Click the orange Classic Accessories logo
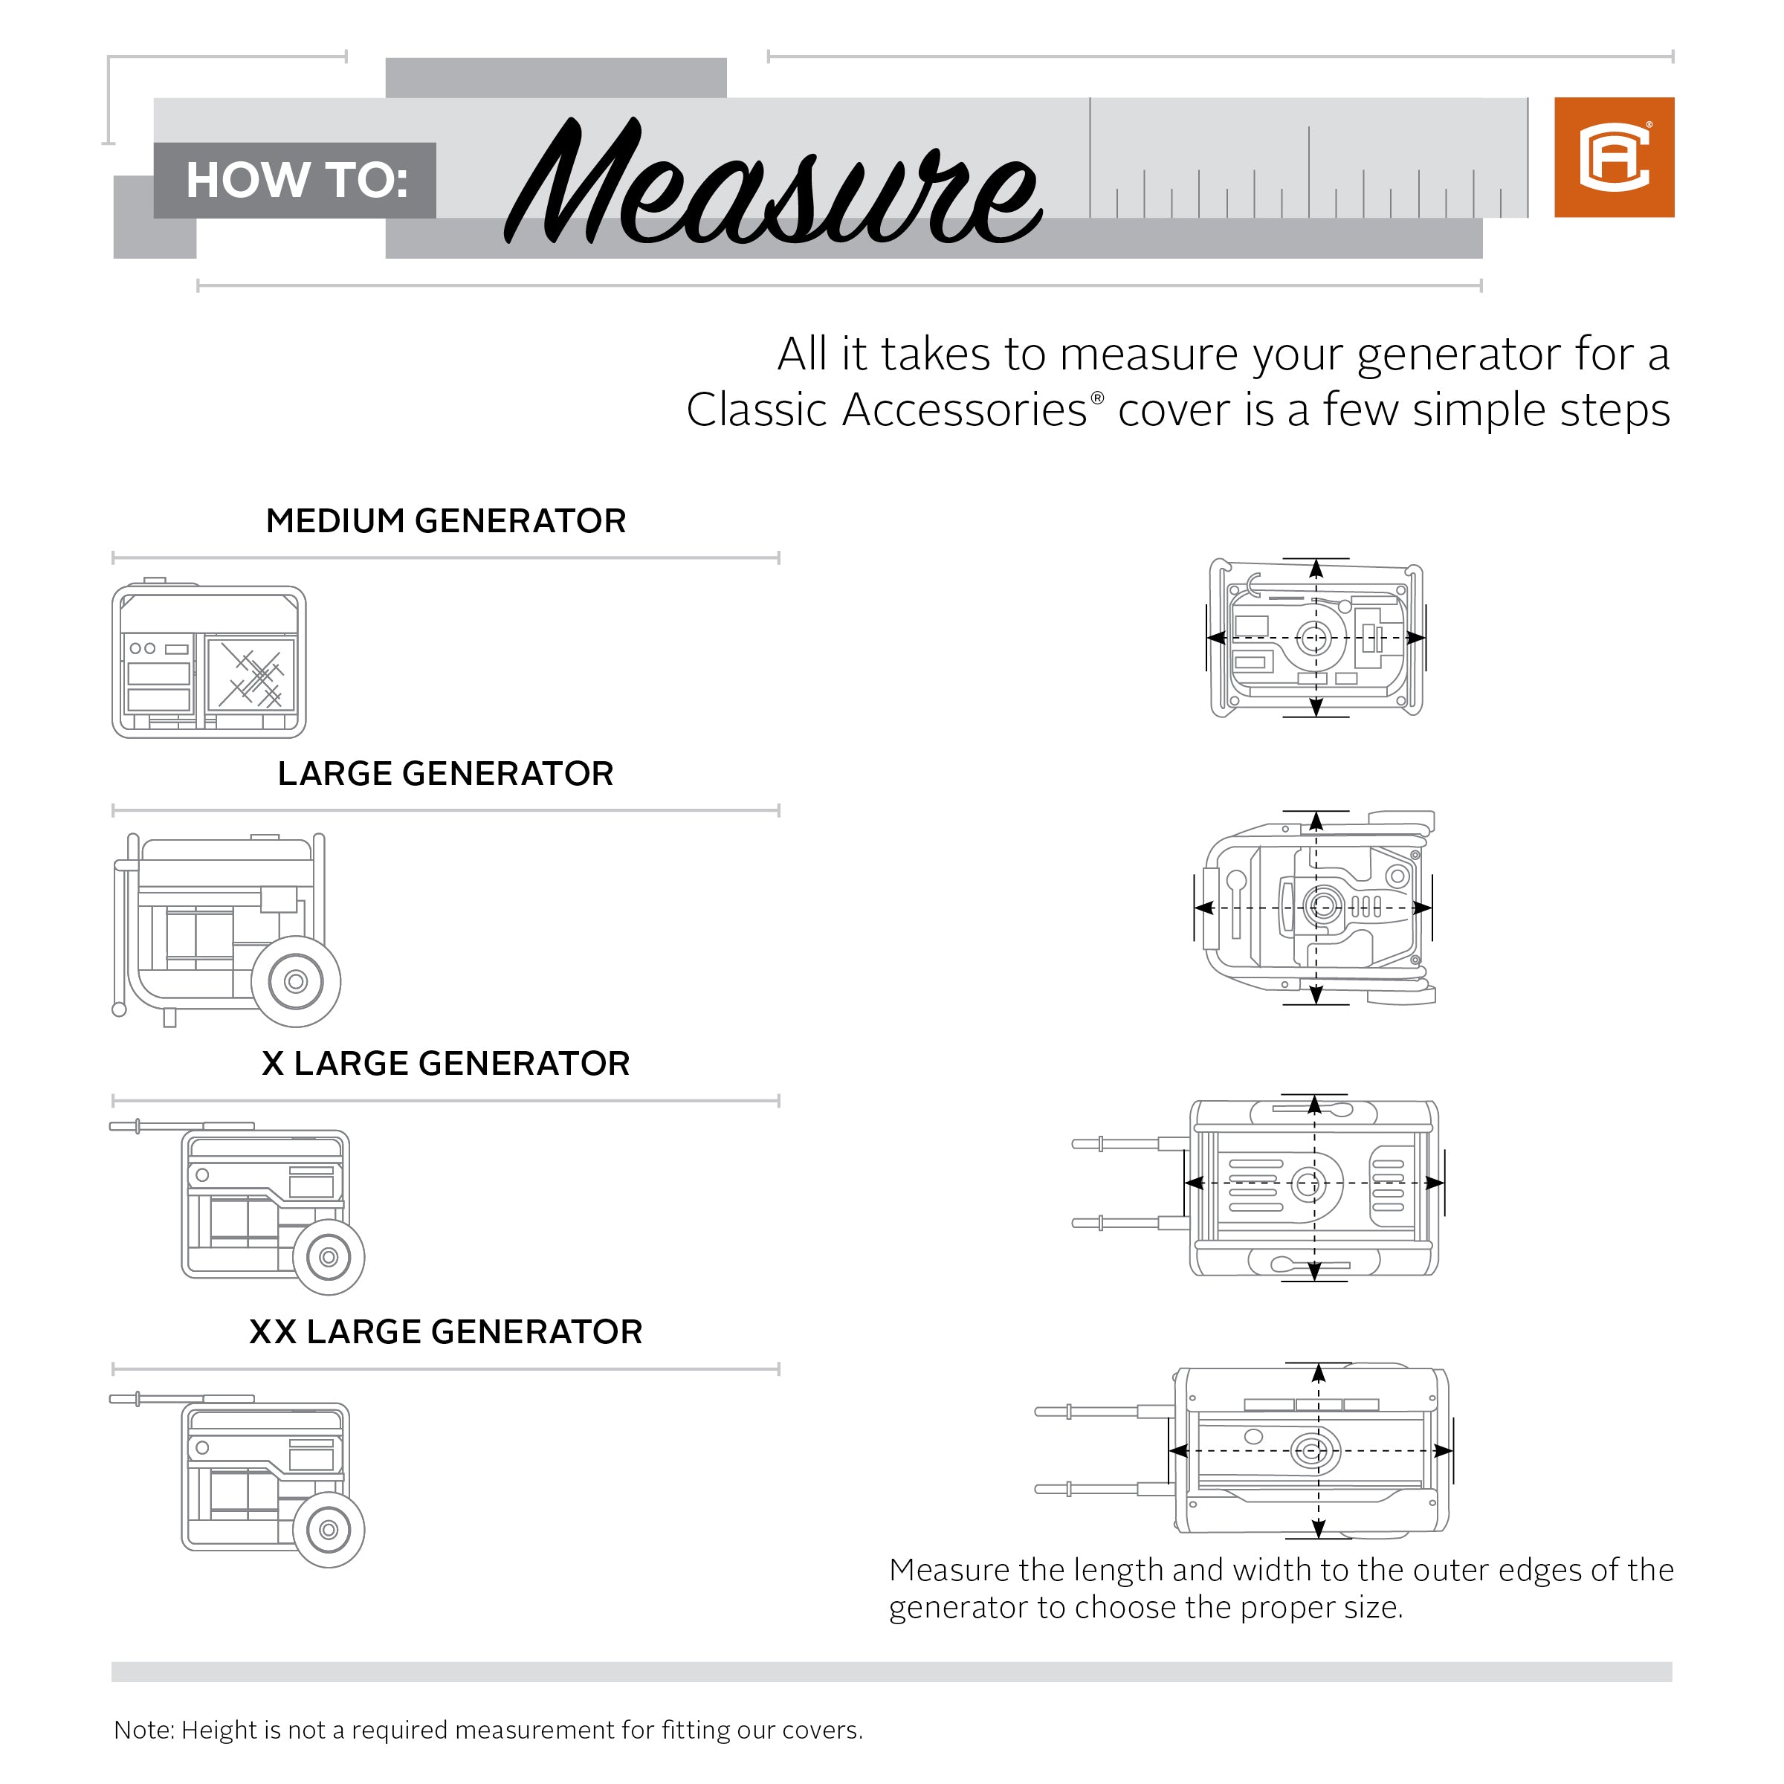pos(1613,157)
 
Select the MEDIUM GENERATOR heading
pos(445,521)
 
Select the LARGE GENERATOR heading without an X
pos(445,774)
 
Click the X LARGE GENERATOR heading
pos(445,1064)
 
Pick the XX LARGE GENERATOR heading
pos(445,1331)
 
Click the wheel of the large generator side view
pos(296,980)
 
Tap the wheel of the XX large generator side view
pos(328,1530)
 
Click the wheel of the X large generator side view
pos(328,1257)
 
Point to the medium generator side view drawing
pos(209,661)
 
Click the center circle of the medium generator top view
pos(1314,637)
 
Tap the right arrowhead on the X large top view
pos(1434,1183)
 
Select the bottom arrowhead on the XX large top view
pos(1319,1529)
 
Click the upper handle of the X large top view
pos(1117,1144)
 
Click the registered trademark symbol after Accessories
pos(1097,398)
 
